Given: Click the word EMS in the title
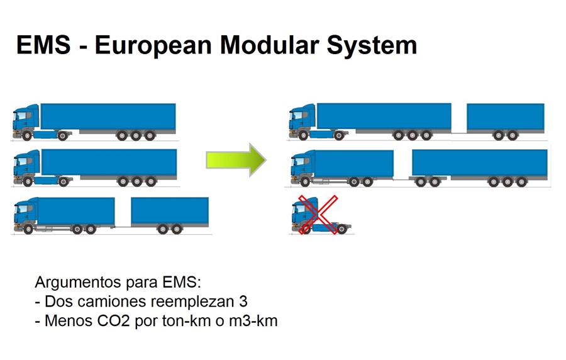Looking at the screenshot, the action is coord(43,45).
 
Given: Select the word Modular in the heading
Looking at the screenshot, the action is coord(270,45).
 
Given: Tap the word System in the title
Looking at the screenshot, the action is coord(372,45).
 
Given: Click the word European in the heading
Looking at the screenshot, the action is coord(153,46).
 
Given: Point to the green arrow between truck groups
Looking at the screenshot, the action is coord(236,160).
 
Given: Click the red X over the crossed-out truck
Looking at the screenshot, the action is coord(318,215).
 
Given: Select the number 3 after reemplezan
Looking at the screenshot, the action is coord(243,301).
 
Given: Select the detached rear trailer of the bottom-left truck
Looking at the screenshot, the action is coord(170,215).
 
